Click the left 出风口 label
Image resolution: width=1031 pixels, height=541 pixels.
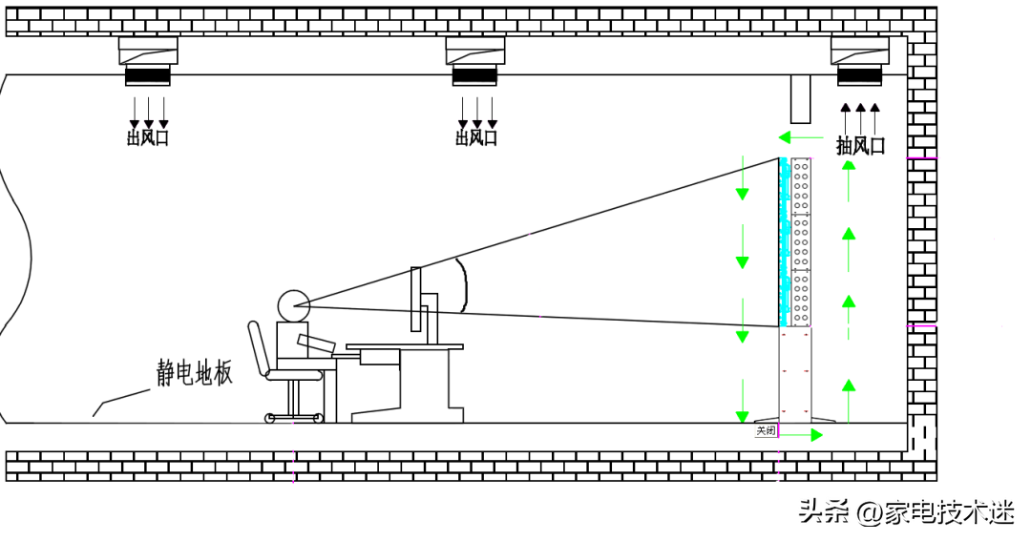(x=148, y=138)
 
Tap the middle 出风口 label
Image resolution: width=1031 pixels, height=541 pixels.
(x=476, y=138)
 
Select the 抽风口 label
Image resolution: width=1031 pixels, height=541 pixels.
(x=860, y=146)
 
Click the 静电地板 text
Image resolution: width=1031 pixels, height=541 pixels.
(x=195, y=373)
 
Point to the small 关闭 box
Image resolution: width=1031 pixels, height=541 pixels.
(x=766, y=431)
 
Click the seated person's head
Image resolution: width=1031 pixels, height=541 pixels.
(x=293, y=305)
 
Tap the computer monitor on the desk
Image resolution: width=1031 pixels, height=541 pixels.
(x=415, y=299)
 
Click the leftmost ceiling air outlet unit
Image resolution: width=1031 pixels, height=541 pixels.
(x=148, y=60)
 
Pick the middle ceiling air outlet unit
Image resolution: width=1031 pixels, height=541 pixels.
(x=475, y=60)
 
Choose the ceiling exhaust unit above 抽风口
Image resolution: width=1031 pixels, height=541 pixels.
(x=859, y=60)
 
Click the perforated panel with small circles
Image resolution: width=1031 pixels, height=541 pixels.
(x=801, y=243)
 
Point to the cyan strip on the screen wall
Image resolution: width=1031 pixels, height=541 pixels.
(x=785, y=243)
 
